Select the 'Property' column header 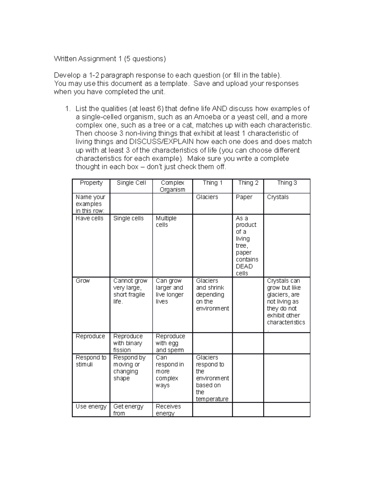point(91,183)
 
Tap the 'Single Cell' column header point(131,183)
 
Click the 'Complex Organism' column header point(172,186)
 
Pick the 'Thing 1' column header point(212,183)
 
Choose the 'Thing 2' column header point(248,183)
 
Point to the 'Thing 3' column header point(287,183)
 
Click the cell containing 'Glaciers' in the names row point(207,197)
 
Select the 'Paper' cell point(244,197)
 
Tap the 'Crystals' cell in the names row point(278,197)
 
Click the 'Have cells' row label point(90,218)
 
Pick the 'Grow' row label point(83,281)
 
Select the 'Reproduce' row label point(90,336)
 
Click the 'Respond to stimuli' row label point(91,361)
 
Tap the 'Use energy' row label point(91,407)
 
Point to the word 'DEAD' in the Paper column point(244,266)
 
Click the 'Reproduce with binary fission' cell point(128,343)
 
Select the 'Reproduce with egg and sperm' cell point(170,343)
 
